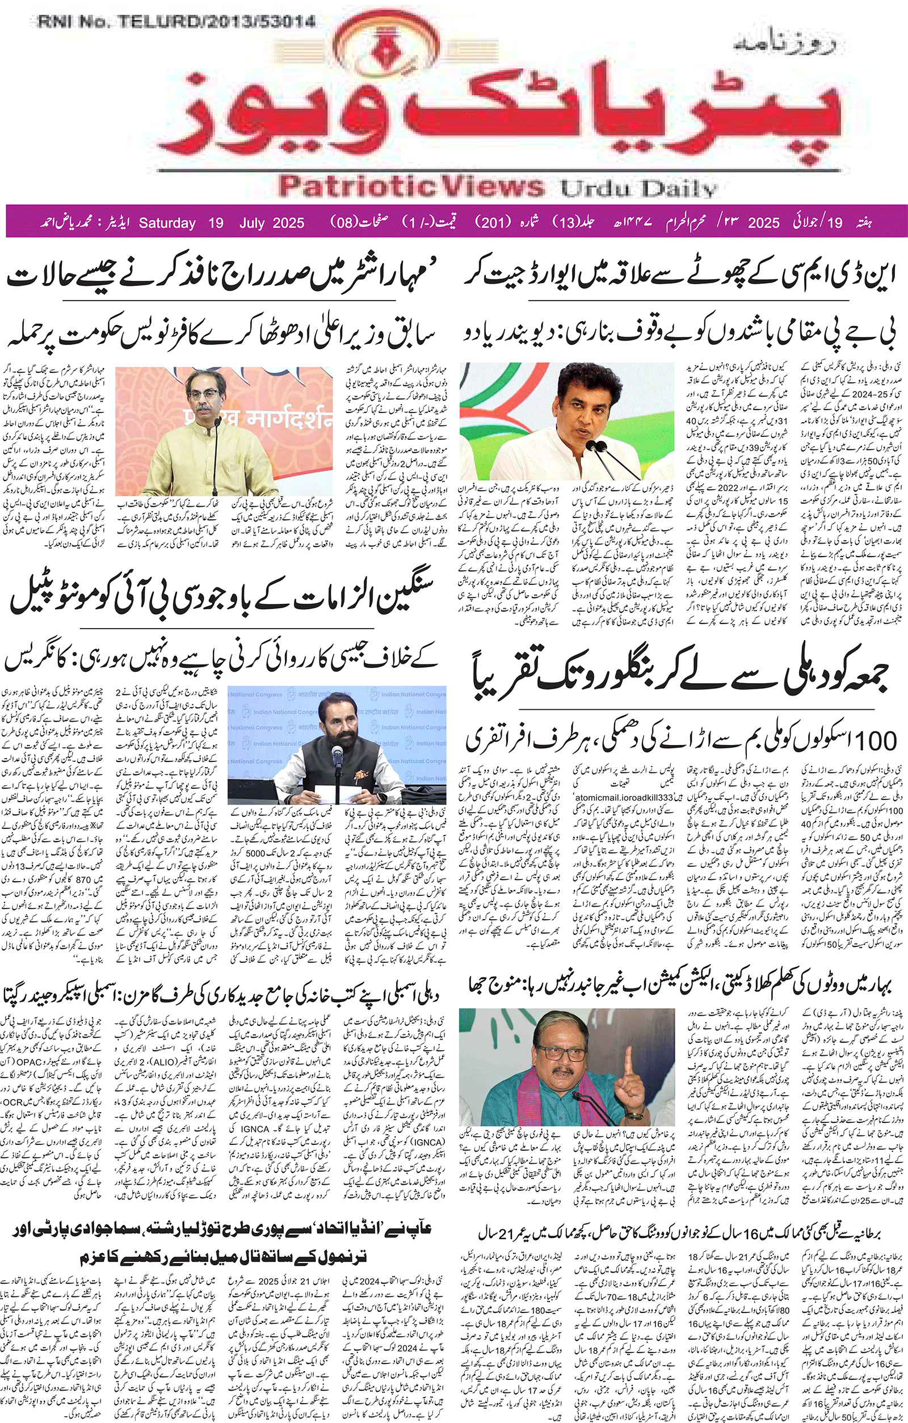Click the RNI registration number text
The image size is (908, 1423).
pos(176,23)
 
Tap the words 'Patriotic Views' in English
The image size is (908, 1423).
pos(411,186)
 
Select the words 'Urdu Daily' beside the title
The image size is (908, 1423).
pos(638,189)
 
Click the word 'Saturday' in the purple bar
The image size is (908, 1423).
pos(167,223)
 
